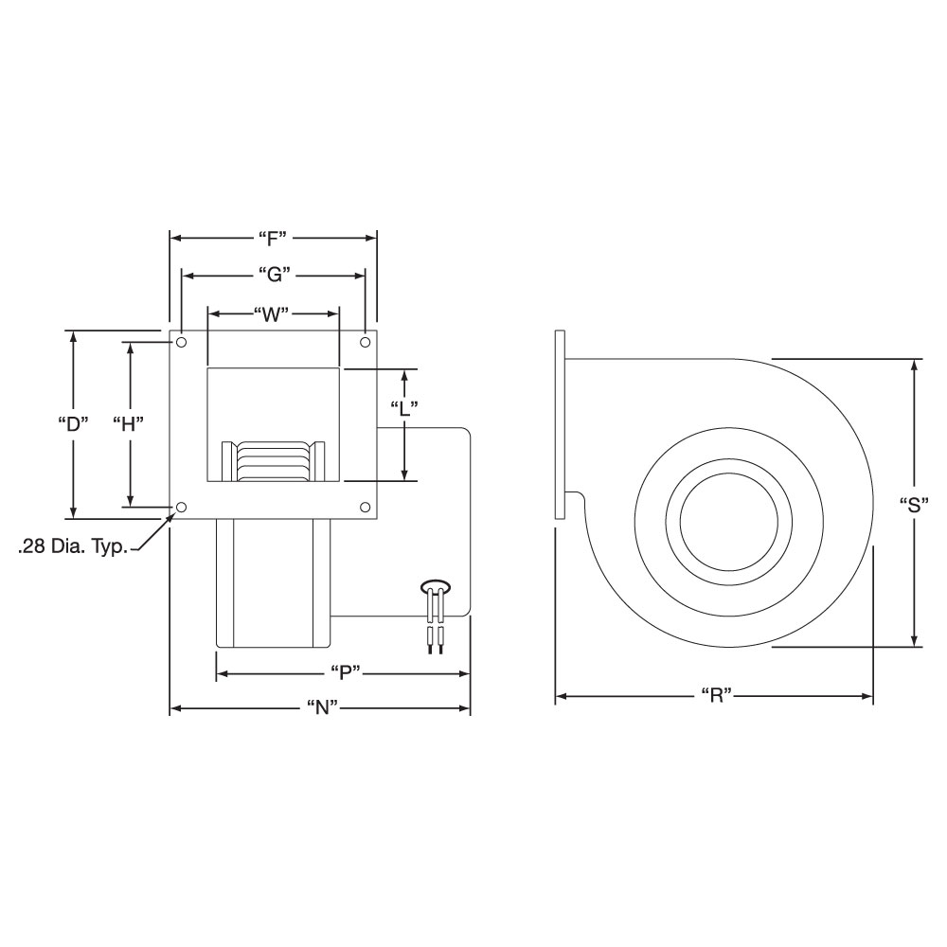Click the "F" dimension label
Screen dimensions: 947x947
click(x=272, y=237)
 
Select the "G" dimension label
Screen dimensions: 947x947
click(x=273, y=276)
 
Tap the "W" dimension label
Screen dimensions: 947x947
click(x=271, y=313)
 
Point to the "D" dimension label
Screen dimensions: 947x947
click(x=72, y=423)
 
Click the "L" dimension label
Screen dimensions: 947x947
click(x=404, y=408)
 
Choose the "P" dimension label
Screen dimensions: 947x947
click(x=343, y=673)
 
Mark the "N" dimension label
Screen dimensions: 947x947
click(x=320, y=708)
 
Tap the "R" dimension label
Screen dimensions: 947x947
click(x=716, y=696)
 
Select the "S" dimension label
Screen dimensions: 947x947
click(x=914, y=504)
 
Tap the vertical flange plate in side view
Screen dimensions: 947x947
click(x=561, y=424)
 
